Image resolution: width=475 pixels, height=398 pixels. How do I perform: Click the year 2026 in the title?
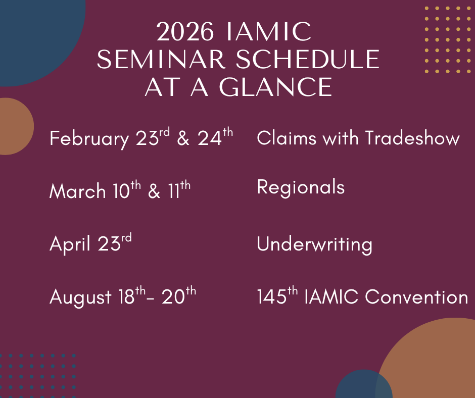(185, 31)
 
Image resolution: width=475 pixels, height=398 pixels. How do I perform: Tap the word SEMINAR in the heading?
(161, 60)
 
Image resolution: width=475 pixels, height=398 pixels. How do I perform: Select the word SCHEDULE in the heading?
(307, 60)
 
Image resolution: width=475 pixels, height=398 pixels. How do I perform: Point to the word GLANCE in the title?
(276, 87)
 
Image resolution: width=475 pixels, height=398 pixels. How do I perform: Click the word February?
(89, 139)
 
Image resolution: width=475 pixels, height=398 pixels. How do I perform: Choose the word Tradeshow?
(412, 138)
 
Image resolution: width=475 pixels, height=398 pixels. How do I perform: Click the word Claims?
(287, 138)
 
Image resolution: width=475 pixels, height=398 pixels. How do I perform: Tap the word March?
(77, 191)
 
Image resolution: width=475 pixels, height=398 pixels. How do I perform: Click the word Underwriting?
(314, 244)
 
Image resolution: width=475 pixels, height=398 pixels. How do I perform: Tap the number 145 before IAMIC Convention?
(271, 296)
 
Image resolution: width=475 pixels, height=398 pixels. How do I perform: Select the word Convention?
(416, 296)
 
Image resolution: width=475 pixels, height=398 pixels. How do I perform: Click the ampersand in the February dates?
(183, 138)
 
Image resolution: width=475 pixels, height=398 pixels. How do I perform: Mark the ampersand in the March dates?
(154, 191)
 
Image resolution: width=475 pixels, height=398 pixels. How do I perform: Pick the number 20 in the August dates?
(173, 296)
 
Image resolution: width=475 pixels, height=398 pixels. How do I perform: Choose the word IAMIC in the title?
(269, 31)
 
